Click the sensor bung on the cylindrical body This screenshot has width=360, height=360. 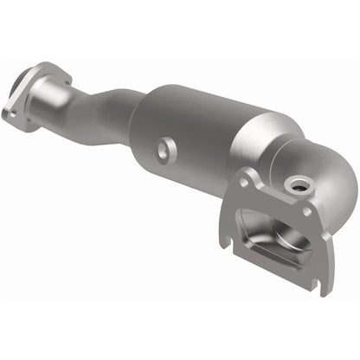(x=163, y=150)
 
